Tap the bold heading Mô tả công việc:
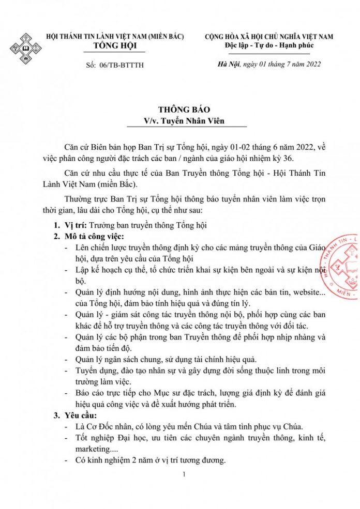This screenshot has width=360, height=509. [x=94, y=237]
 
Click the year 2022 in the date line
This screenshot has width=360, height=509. [x=309, y=64]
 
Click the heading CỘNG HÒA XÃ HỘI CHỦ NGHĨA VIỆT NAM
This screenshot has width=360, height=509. [x=269, y=36]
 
